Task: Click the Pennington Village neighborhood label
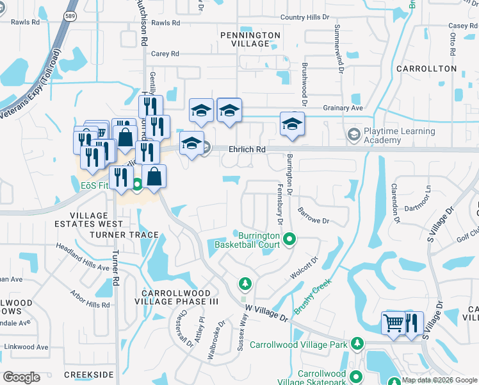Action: click(250, 39)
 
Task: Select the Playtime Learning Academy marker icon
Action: click(353, 135)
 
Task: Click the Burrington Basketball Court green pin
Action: click(289, 239)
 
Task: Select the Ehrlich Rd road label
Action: click(247, 149)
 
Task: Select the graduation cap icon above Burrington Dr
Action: click(292, 123)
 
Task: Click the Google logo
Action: click(22, 377)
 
